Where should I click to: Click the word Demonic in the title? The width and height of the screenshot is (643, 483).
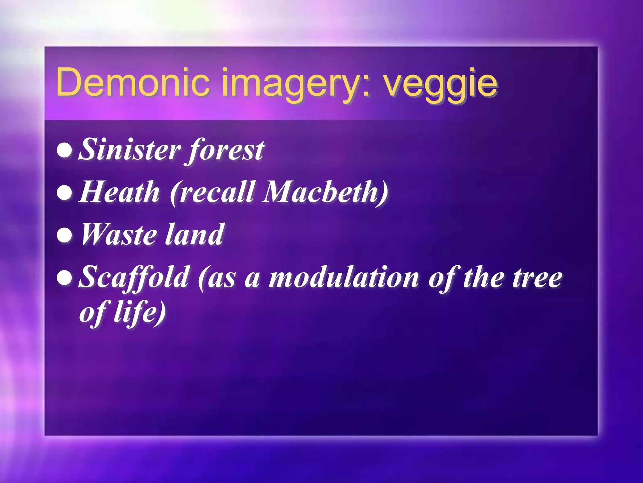(132, 82)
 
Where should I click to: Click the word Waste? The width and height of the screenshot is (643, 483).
(119, 234)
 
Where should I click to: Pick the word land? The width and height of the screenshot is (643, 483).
(194, 234)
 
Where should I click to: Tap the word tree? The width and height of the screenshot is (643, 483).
(537, 278)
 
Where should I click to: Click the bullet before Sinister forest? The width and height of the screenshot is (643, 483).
(65, 151)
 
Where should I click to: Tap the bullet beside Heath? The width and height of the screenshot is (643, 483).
(65, 193)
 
